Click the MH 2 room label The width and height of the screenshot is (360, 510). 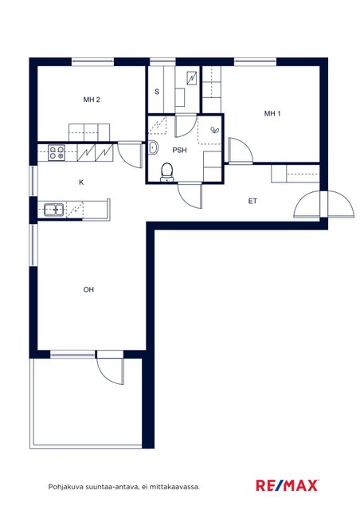coord(92,100)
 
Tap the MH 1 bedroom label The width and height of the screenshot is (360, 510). coord(272,113)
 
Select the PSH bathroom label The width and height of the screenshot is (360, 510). coord(179,151)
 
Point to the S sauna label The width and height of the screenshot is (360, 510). coord(157,92)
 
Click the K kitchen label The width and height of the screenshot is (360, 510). coord(81,182)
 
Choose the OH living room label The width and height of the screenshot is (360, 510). coord(88,289)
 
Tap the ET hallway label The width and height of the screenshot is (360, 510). coord(252,202)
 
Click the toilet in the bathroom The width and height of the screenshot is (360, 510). coord(166,172)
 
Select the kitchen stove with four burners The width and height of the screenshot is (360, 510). coord(57,153)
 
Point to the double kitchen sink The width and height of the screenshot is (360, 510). coord(53,210)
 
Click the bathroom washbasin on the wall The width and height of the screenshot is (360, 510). coord(153,148)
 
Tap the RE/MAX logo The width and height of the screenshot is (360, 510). coord(288,485)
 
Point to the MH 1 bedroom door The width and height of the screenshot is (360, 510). coord(241,150)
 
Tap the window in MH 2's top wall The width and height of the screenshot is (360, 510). coord(92,62)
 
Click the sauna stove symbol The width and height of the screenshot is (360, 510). coord(192,78)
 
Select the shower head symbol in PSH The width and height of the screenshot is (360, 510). coord(215,130)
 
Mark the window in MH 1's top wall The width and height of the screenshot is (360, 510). coord(256,62)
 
